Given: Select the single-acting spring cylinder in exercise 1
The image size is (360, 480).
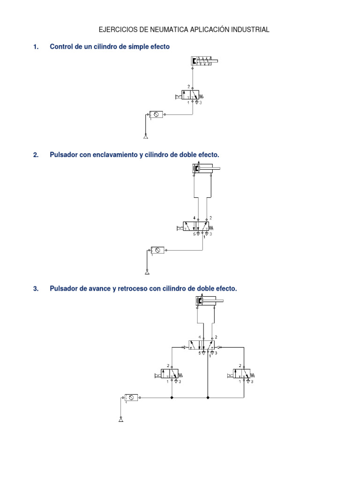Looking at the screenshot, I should click(204, 60).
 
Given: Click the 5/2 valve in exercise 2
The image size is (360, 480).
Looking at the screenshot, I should click(198, 227).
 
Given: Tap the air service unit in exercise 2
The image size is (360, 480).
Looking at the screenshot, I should click(157, 250).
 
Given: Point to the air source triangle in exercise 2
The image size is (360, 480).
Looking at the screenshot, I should click(147, 272).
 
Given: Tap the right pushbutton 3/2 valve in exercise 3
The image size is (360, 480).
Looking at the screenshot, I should click(241, 374).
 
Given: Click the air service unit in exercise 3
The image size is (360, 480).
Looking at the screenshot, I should click(132, 397).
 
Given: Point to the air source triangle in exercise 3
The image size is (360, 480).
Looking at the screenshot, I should click(121, 419).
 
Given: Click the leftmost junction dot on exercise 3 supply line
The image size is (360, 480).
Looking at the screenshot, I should click(172, 397).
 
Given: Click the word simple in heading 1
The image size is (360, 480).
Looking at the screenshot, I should click(134, 46).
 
